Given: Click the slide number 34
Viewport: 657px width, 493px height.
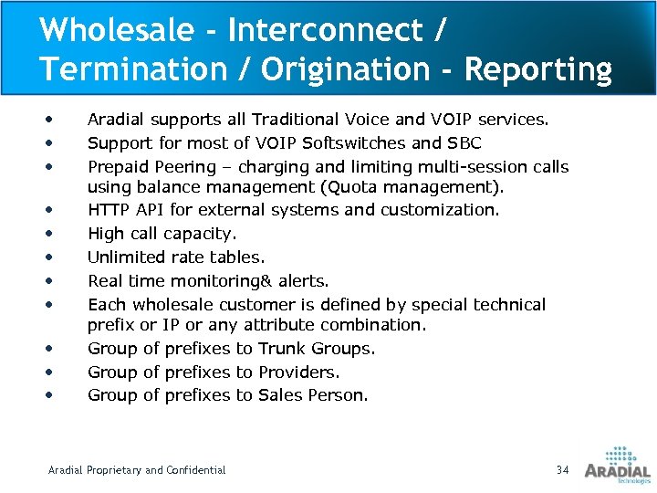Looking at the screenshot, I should click(x=562, y=469).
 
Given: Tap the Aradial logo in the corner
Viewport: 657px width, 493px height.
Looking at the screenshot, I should click(x=617, y=464).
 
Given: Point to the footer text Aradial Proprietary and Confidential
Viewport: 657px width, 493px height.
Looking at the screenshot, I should click(x=137, y=470).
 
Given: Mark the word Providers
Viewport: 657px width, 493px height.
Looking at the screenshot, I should click(x=298, y=372).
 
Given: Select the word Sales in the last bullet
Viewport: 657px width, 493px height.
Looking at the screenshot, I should click(x=281, y=395).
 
